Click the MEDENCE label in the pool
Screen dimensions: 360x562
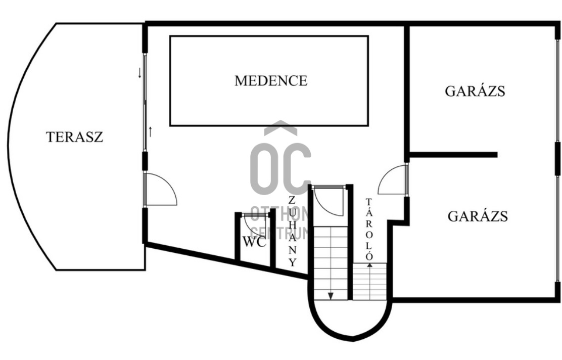pos(271,81)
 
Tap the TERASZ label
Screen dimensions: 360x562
pos(74,137)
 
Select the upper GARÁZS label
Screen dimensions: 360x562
pos(475,91)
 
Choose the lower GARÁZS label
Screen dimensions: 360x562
pos(477,216)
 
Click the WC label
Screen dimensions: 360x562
pos(254,242)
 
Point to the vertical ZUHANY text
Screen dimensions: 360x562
pos(292,231)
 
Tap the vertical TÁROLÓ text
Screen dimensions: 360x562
pos(369,229)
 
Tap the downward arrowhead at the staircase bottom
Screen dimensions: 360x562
pos(331,296)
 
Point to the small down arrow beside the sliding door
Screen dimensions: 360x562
pos(139,74)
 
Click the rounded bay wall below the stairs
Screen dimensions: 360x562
pos(349,331)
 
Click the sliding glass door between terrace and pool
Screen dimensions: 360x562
pos(145,101)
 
